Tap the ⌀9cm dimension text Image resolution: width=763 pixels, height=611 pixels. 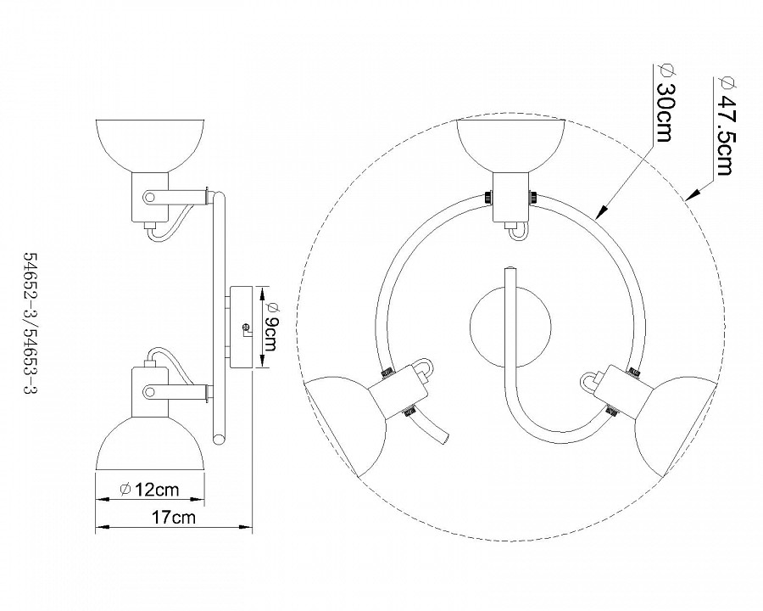(270, 326)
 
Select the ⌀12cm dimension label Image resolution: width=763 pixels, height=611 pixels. (149, 488)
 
